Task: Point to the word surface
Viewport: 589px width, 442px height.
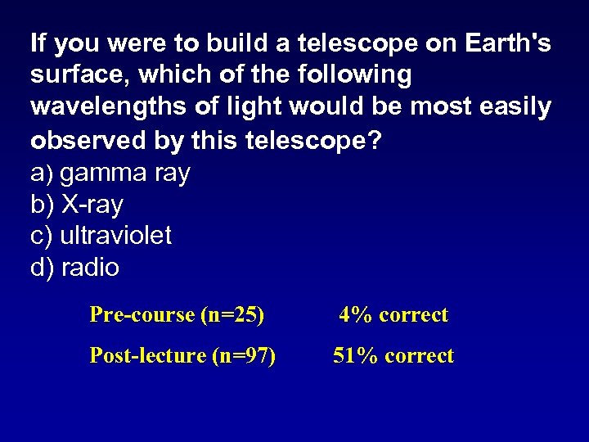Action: [x=79, y=75]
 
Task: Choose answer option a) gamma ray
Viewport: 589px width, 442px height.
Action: [x=110, y=173]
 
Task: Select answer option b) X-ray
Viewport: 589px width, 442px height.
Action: [x=77, y=204]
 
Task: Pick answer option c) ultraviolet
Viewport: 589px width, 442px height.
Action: [x=101, y=236]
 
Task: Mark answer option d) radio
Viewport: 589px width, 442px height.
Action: [x=75, y=268]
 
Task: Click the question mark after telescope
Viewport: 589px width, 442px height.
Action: [x=374, y=140]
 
